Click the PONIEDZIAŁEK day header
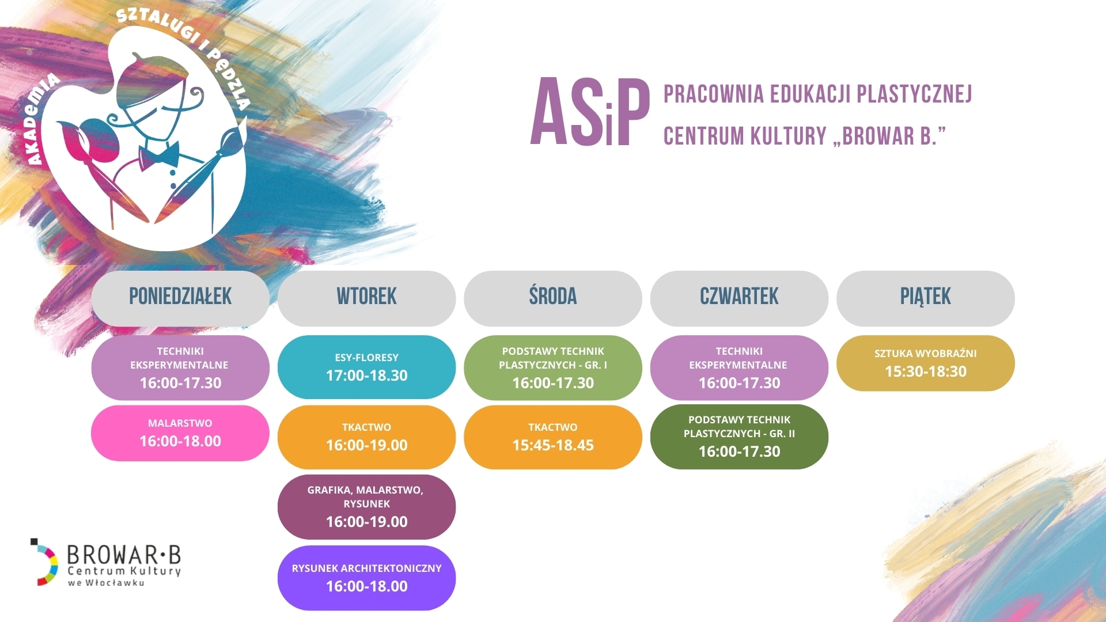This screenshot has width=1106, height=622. [x=180, y=298]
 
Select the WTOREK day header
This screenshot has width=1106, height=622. [x=366, y=298]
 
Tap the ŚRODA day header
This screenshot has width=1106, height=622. [x=553, y=298]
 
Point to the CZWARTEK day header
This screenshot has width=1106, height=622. [x=739, y=298]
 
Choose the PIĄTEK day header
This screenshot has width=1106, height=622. [x=926, y=298]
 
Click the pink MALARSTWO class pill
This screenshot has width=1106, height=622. [x=180, y=433]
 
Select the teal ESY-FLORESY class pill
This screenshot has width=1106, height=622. [x=366, y=367]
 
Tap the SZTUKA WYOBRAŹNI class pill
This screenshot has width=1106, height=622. [x=926, y=363]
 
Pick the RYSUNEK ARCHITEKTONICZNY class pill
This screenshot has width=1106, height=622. [x=366, y=578]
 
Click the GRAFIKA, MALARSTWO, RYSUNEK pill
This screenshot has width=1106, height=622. [x=366, y=507]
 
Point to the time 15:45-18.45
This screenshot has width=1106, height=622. [x=553, y=445]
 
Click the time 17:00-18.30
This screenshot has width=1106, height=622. [x=366, y=376]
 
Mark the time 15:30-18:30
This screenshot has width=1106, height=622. [x=926, y=371]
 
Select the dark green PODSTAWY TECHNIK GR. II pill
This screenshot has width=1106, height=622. [x=739, y=437]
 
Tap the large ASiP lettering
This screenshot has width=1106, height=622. [x=590, y=112]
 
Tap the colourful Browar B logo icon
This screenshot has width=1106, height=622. [x=44, y=562]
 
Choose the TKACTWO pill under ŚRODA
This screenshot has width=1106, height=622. [x=553, y=437]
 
